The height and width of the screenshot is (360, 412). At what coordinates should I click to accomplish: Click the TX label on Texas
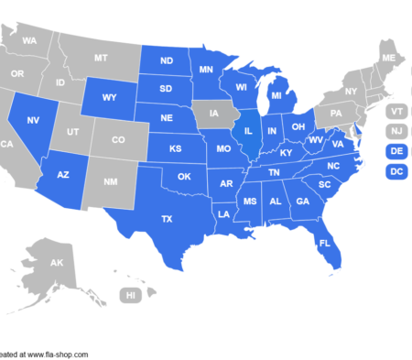[167, 219]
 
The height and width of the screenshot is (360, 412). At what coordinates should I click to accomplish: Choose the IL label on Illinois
[247, 131]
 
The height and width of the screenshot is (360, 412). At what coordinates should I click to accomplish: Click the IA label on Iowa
[214, 115]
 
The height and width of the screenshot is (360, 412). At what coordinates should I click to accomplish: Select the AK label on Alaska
[57, 263]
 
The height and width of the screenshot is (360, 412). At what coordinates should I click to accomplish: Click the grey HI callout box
[131, 295]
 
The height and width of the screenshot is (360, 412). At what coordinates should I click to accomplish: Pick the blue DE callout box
[396, 151]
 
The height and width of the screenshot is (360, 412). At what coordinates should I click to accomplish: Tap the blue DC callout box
[396, 171]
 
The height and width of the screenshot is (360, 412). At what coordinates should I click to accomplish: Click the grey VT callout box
[396, 111]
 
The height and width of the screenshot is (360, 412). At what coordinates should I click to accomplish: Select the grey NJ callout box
[396, 131]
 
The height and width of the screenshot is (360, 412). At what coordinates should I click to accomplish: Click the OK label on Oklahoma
[183, 176]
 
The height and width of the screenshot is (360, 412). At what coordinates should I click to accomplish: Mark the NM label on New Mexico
[112, 183]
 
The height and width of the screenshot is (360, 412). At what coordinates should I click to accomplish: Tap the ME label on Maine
[388, 59]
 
